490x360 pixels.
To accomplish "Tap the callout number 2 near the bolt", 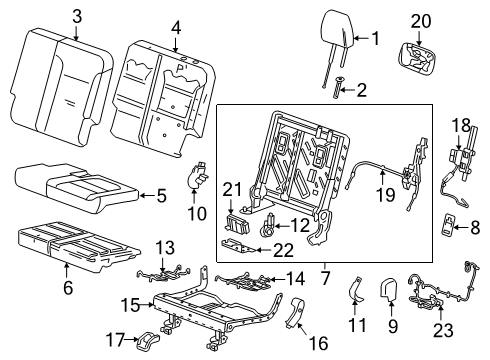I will pyautogui.click(x=361, y=91).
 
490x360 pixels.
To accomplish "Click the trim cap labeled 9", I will pyautogui.click(x=392, y=291).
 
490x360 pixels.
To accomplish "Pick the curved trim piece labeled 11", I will pyautogui.click(x=353, y=290).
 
